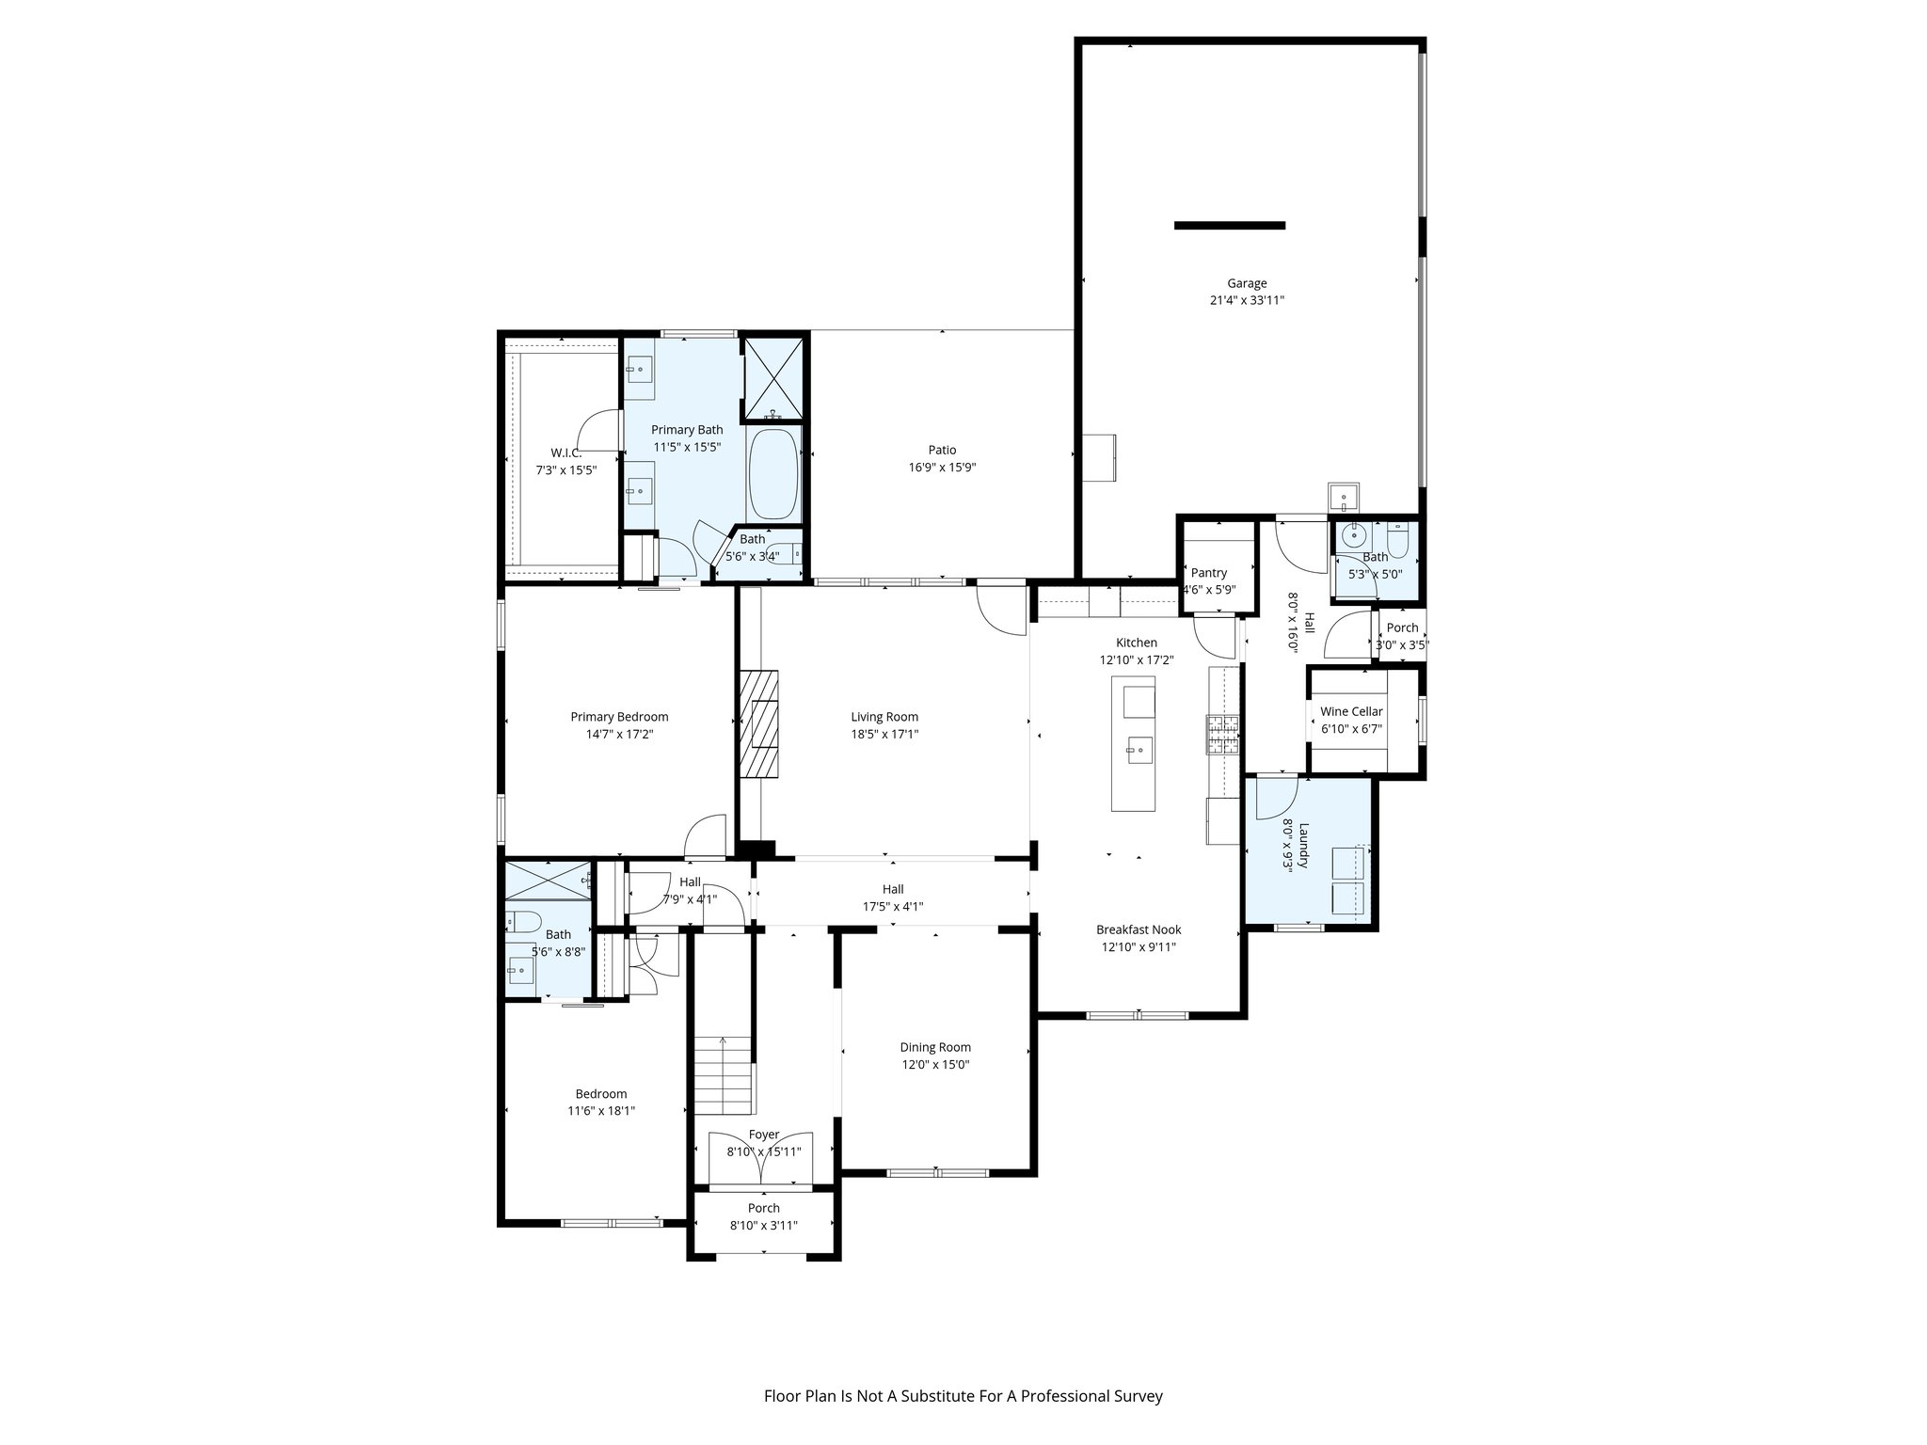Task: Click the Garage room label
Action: pyautogui.click(x=1246, y=283)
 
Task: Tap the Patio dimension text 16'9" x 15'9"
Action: pyautogui.click(x=942, y=468)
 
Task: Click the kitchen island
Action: pyautogui.click(x=1134, y=743)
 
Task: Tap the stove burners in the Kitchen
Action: pyautogui.click(x=1222, y=736)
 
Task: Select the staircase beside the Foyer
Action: pyautogui.click(x=724, y=1072)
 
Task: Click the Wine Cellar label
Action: pyautogui.click(x=1351, y=711)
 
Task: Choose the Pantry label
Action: pyautogui.click(x=1209, y=573)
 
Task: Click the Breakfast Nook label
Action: pyautogui.click(x=1139, y=929)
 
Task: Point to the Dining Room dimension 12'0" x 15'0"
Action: pyautogui.click(x=934, y=1065)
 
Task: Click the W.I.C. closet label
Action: pyautogui.click(x=565, y=453)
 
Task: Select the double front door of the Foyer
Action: pyautogui.click(x=760, y=1158)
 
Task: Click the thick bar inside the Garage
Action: pyautogui.click(x=1229, y=226)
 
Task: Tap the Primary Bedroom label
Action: pyautogui.click(x=619, y=717)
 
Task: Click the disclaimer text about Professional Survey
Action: pyautogui.click(x=963, y=1396)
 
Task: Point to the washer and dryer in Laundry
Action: pyautogui.click(x=1348, y=879)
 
